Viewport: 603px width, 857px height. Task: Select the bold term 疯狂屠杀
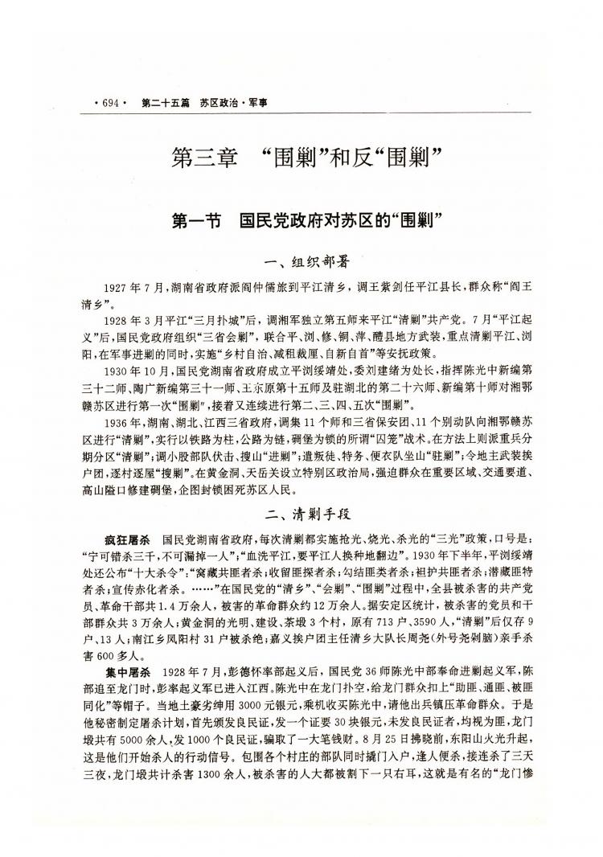pyautogui.click(x=128, y=537)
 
